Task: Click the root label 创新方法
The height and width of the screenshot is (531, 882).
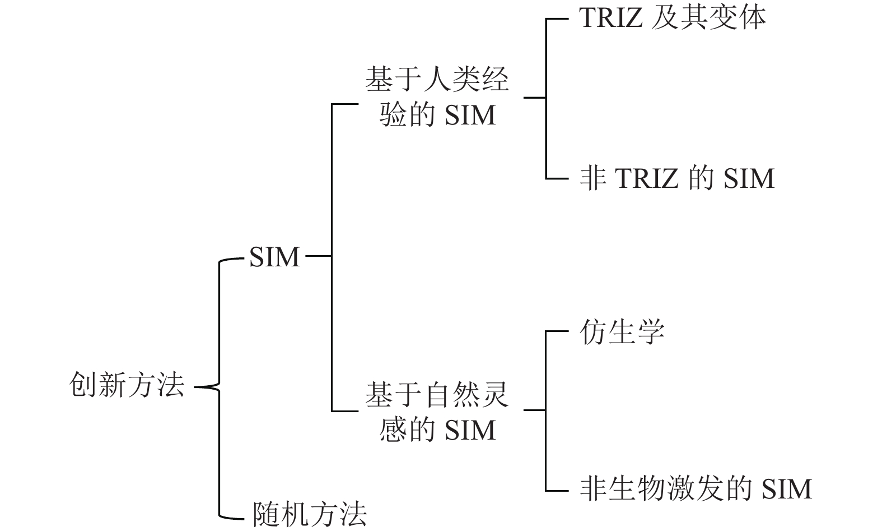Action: point(127,385)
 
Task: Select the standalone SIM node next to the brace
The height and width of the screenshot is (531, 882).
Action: point(274,257)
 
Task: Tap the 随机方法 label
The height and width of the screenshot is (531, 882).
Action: point(310,514)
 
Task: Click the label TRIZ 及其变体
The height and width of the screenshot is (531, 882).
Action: point(672,18)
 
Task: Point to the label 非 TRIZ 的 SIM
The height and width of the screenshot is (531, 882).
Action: point(676,178)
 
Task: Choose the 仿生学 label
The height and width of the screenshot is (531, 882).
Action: point(622,331)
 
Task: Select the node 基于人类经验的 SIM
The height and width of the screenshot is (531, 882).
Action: point(437,97)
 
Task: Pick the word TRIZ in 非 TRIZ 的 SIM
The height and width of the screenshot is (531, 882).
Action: point(647,179)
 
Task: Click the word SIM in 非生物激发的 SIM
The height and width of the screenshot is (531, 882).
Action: point(786,489)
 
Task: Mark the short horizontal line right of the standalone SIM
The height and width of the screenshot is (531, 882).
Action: point(318,256)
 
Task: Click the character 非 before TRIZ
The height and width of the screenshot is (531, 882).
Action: point(593,178)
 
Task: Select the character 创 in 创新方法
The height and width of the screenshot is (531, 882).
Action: point(84,385)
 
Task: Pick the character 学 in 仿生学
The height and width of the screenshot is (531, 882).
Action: point(651,331)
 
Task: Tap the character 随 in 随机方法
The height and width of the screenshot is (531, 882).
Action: point(267,514)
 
